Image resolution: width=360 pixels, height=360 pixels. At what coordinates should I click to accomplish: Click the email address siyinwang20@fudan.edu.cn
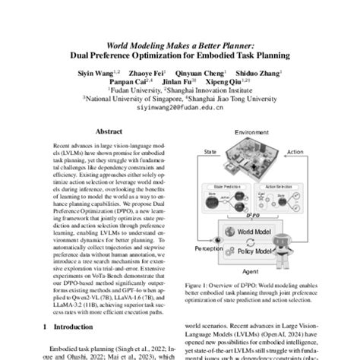coord(181,107)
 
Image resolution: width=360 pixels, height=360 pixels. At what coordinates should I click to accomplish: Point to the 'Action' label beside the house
coord(293,151)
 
